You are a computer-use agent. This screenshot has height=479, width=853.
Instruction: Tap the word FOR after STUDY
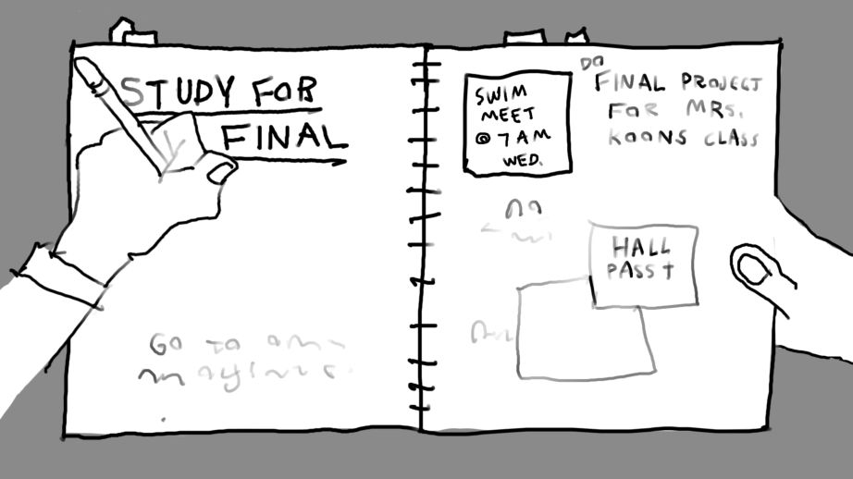[x=284, y=91]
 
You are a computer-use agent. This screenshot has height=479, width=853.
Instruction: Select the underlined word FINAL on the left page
[x=283, y=138]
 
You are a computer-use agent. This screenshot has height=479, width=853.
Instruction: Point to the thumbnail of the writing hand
[x=221, y=171]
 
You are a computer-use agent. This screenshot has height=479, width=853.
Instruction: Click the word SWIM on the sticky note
[x=500, y=95]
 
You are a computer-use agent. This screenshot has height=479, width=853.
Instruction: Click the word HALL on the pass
[x=640, y=247]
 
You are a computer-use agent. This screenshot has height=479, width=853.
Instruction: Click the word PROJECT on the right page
[x=722, y=82]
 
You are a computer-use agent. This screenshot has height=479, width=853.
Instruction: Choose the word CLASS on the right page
[x=729, y=139]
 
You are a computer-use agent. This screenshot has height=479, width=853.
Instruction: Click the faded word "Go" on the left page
[x=167, y=345]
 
